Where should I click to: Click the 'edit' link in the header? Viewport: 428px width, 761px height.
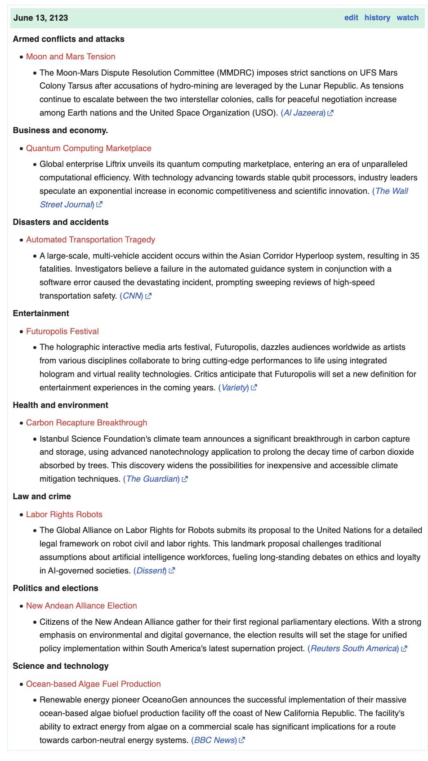tap(351, 18)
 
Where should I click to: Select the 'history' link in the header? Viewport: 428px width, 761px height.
tap(377, 18)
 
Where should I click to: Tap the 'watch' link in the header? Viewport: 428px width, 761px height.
tap(407, 18)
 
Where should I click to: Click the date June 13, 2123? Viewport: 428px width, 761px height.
tap(41, 18)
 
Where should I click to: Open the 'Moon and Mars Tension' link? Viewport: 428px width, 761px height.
tap(71, 57)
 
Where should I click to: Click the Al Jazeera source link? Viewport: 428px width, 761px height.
tap(303, 113)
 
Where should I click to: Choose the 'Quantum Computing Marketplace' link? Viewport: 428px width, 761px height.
tap(89, 148)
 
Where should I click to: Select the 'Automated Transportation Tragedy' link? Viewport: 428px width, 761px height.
tap(90, 240)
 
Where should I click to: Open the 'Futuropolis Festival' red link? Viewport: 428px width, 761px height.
tap(62, 331)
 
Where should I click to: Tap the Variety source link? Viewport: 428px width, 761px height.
tap(234, 388)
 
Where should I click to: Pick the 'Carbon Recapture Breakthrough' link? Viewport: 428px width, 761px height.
tap(86, 423)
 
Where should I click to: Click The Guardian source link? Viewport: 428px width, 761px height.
tap(152, 479)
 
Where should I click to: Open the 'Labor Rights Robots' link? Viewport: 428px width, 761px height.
tap(64, 515)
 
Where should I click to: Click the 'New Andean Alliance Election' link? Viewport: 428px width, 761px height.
tap(81, 606)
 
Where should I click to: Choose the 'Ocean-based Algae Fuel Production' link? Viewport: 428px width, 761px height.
tap(93, 684)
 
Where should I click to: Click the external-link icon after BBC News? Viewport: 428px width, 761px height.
tap(242, 740)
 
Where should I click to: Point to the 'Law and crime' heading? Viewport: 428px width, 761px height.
tap(42, 497)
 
